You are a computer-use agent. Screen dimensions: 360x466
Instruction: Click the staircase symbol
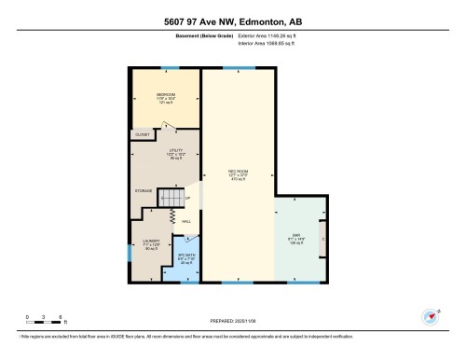(170, 199)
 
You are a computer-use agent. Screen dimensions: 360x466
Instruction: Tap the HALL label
(186, 221)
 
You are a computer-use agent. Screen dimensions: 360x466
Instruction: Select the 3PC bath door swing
(188, 239)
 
